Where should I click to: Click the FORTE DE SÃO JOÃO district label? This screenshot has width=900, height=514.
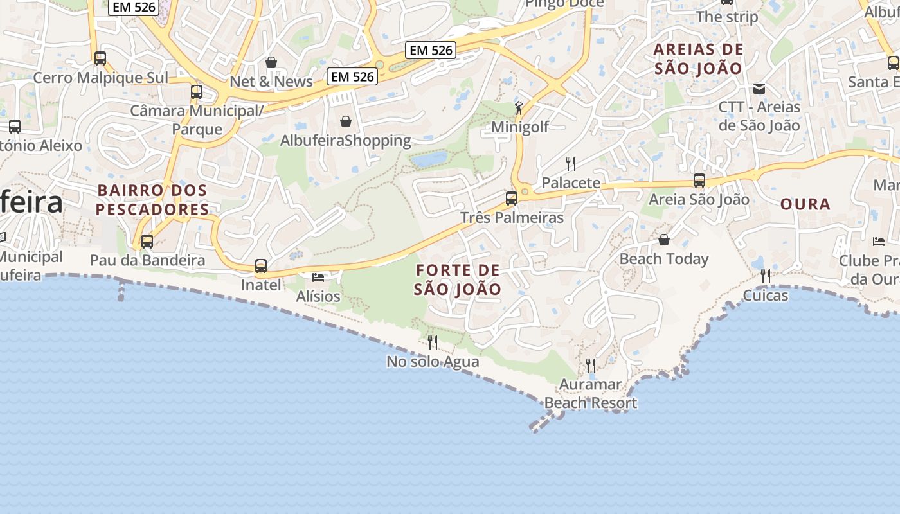(x=457, y=279)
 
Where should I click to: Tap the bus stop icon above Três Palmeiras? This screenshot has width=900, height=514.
(x=512, y=199)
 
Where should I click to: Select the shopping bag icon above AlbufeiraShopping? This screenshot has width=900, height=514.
(x=346, y=121)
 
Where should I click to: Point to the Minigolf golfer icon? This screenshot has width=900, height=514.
(x=519, y=108)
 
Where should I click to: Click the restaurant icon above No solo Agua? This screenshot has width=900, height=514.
(x=433, y=342)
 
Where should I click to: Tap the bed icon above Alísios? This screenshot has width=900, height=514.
(x=318, y=277)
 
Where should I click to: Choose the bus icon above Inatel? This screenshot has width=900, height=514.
(x=261, y=265)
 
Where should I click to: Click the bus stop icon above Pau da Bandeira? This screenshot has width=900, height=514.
(x=147, y=242)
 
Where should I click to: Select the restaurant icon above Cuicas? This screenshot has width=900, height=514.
(x=766, y=276)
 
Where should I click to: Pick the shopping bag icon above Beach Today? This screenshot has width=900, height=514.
(x=664, y=240)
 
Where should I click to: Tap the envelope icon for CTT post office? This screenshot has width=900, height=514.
(x=759, y=88)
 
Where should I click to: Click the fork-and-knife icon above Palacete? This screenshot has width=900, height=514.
(x=570, y=163)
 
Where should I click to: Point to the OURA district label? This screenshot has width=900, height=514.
(x=806, y=204)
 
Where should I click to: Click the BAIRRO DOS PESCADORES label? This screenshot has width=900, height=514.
(x=153, y=200)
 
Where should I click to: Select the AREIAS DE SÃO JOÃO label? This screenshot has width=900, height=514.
(x=698, y=58)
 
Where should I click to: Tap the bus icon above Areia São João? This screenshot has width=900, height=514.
(x=699, y=181)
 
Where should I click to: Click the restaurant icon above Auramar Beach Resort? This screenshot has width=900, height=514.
(x=591, y=366)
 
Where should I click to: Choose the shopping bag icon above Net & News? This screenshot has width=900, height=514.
(x=271, y=62)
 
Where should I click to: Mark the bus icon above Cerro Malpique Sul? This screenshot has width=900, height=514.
(x=100, y=58)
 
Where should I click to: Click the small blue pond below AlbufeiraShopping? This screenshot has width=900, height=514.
(x=429, y=159)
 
